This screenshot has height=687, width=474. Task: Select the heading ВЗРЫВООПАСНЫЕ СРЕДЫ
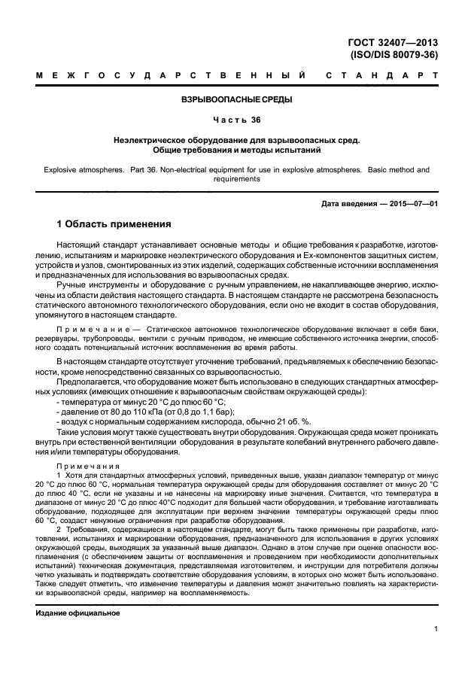coord(237,99)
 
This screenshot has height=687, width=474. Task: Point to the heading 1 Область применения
coord(115,224)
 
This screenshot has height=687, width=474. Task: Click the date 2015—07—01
coord(413,203)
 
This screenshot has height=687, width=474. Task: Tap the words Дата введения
coord(345,203)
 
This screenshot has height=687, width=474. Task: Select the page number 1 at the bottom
coord(436,632)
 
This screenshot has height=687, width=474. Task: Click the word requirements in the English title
coord(237,179)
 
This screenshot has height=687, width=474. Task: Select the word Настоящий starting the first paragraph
coord(81,246)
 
